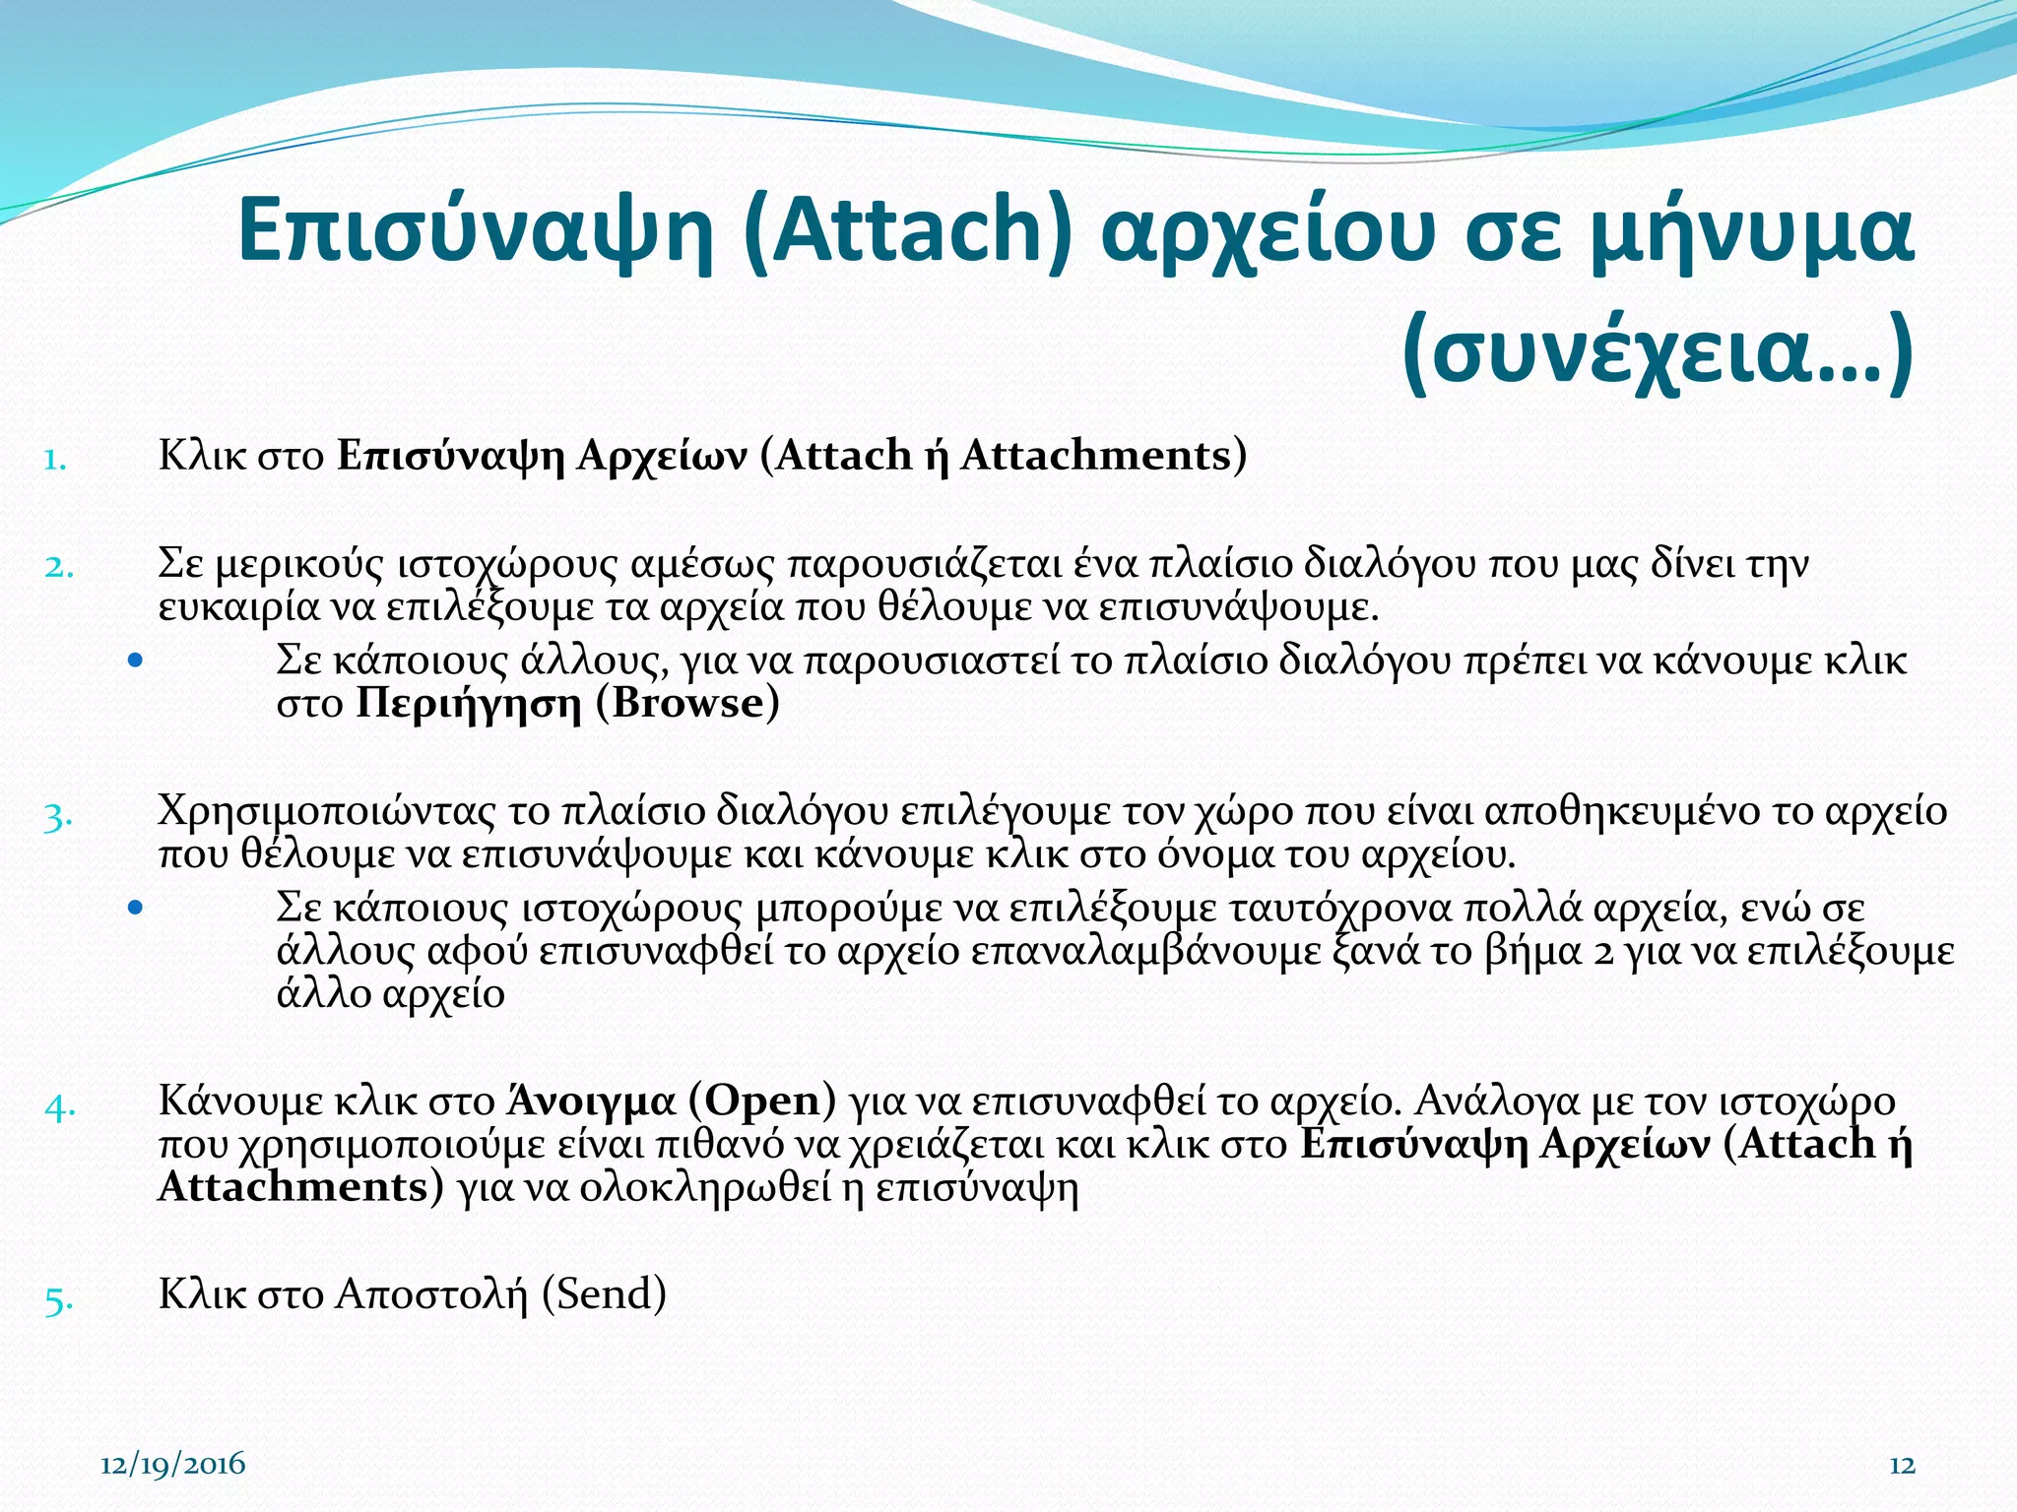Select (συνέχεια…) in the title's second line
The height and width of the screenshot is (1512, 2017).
pos(1657,352)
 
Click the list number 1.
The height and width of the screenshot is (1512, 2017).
pos(55,459)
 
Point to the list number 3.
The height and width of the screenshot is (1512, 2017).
pos(57,817)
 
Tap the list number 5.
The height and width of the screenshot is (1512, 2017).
pos(57,1299)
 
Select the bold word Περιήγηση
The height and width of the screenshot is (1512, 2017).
pos(469,705)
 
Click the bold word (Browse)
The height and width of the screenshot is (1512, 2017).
pos(687,704)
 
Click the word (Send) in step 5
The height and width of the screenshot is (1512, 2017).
pos(604,1294)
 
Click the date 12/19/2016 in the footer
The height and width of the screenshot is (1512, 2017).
pos(173,1464)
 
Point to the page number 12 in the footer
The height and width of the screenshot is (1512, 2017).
pos(1902,1466)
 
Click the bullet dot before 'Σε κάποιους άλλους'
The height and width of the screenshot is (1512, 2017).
pos(136,660)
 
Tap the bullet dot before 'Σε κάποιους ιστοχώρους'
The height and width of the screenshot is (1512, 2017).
pos(136,908)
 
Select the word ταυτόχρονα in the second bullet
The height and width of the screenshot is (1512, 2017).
pos(1235,908)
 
